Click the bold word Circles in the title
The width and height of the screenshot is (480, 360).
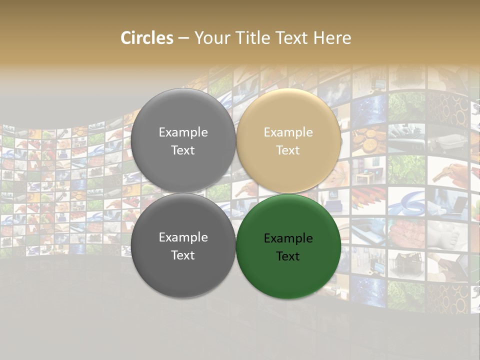[x=147, y=38]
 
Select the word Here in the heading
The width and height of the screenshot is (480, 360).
[x=332, y=38]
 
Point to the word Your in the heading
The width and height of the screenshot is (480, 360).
[x=210, y=38]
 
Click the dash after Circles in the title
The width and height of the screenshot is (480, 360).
[x=183, y=38]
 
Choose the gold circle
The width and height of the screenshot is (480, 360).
[x=288, y=140]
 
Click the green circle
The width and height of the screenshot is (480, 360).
[x=288, y=246]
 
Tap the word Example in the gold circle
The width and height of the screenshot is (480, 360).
[x=288, y=132]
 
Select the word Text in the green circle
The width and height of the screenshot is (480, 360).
[x=288, y=256]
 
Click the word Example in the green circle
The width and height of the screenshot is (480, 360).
[x=288, y=238]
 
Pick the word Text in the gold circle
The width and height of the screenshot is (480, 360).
[x=288, y=150]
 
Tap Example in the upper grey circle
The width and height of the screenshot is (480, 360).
[x=183, y=132]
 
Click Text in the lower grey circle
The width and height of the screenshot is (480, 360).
[x=183, y=255]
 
